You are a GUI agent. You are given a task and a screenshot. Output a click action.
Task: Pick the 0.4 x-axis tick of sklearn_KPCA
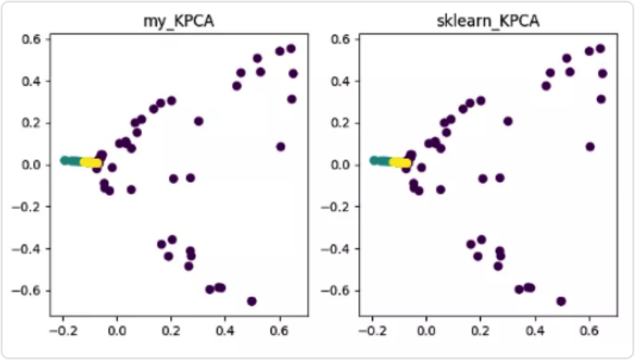point(535,330)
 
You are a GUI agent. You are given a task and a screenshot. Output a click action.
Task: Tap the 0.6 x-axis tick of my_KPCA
point(279,330)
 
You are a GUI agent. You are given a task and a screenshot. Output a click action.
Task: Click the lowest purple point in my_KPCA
point(251,301)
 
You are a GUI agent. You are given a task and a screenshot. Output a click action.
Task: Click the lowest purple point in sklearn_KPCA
point(561,301)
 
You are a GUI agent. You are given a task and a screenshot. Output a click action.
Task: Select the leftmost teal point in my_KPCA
point(64,160)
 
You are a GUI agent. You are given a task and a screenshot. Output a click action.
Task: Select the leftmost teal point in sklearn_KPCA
point(373,160)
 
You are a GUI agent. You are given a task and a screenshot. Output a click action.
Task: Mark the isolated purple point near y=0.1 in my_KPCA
point(281,147)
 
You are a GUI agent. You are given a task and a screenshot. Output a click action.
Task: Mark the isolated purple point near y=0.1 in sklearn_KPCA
point(590,147)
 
